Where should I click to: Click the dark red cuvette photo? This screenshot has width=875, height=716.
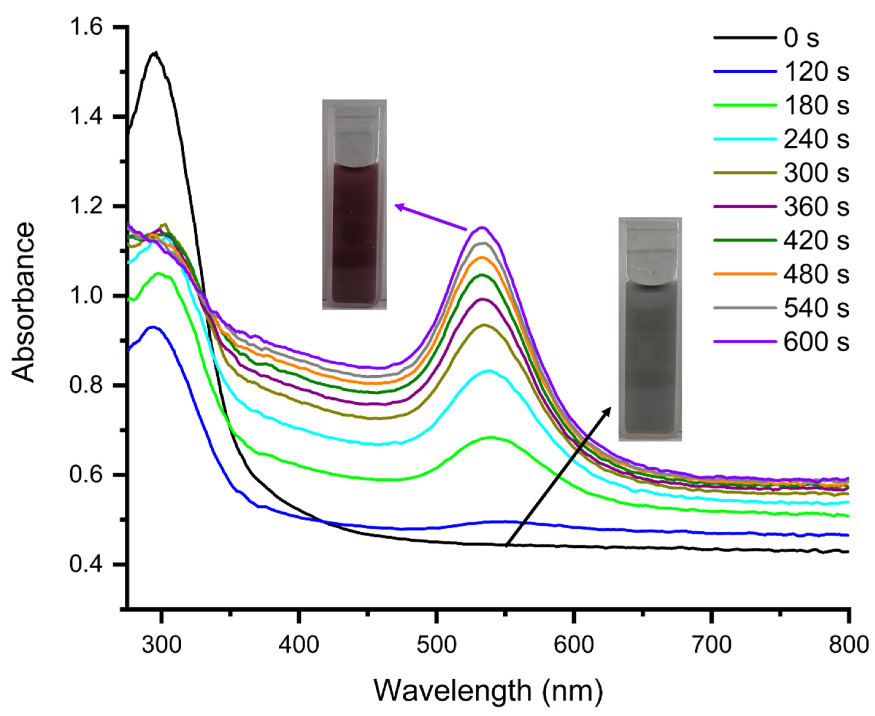coord(354,204)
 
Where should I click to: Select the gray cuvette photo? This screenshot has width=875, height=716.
coord(650,329)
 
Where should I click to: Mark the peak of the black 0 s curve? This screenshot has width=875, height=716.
coord(155,53)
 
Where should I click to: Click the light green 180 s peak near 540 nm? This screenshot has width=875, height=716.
coord(491,437)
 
